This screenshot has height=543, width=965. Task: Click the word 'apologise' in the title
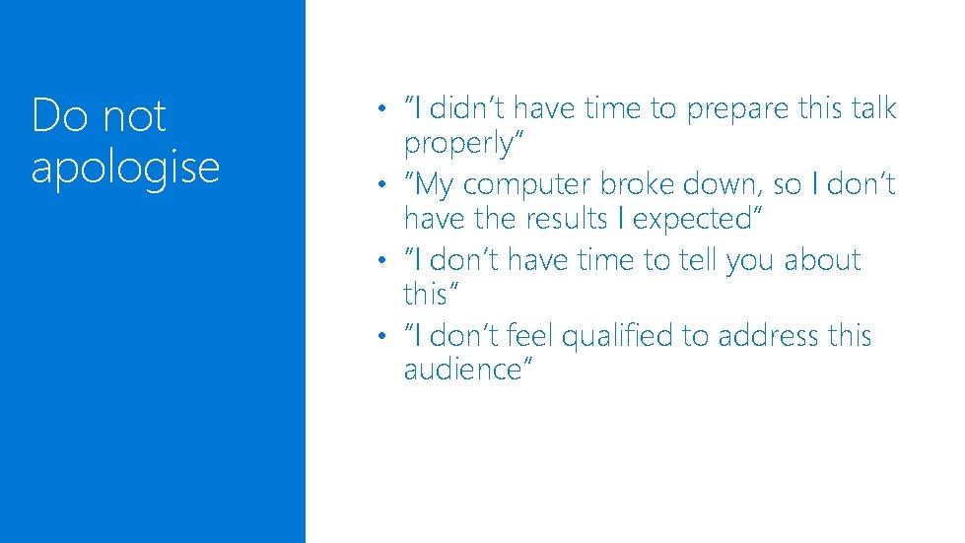click(x=125, y=168)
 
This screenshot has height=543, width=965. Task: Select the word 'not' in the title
click(x=134, y=116)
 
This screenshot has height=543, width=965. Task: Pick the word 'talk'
click(x=867, y=107)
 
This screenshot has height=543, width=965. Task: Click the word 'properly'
click(x=460, y=143)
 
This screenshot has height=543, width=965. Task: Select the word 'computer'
click(x=523, y=184)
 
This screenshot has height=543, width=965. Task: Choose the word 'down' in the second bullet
click(x=736, y=184)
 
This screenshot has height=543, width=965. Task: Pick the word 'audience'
click(x=463, y=370)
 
